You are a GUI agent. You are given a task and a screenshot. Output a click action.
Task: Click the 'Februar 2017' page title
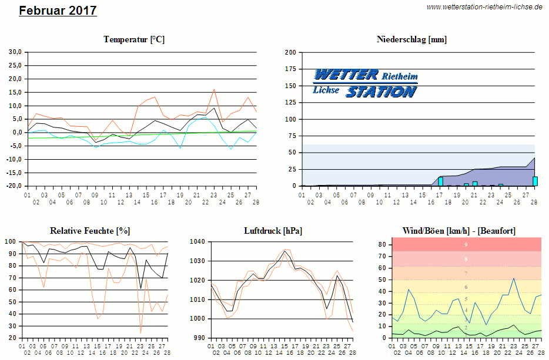58,11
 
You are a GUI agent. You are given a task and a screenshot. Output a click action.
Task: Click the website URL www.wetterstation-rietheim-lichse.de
484,7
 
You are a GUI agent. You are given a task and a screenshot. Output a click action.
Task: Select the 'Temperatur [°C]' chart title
134,39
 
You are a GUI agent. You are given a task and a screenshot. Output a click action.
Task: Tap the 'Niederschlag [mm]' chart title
411,39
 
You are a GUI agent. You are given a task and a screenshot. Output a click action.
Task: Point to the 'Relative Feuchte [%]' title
90,231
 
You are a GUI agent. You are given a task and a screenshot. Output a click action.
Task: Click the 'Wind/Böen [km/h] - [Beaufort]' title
458,231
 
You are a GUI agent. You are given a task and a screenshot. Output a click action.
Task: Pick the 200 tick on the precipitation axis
290,52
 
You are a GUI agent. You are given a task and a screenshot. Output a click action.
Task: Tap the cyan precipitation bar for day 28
535,181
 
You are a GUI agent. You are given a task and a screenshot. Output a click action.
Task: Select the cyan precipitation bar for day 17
441,181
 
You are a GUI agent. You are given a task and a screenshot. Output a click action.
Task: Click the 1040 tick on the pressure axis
198,241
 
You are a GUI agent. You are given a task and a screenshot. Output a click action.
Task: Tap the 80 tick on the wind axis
382,244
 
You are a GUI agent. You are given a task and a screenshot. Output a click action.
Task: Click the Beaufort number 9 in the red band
466,244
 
